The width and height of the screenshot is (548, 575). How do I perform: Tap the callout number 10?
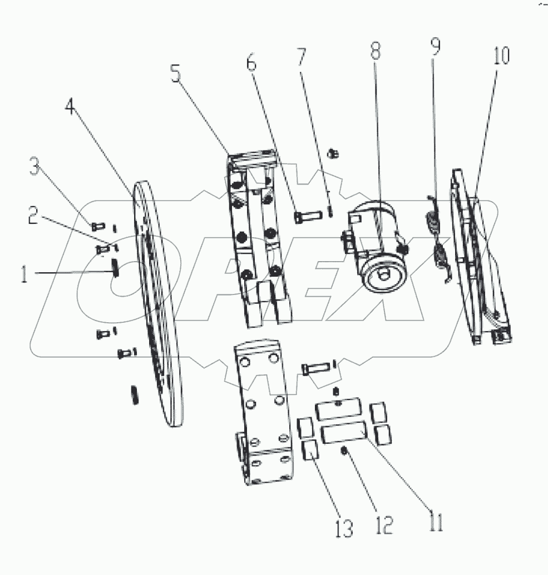pyautogui.click(x=501, y=56)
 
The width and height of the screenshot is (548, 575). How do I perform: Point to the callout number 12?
pyautogui.click(x=384, y=524)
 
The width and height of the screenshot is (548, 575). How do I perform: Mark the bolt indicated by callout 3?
pyautogui.click(x=97, y=226)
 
